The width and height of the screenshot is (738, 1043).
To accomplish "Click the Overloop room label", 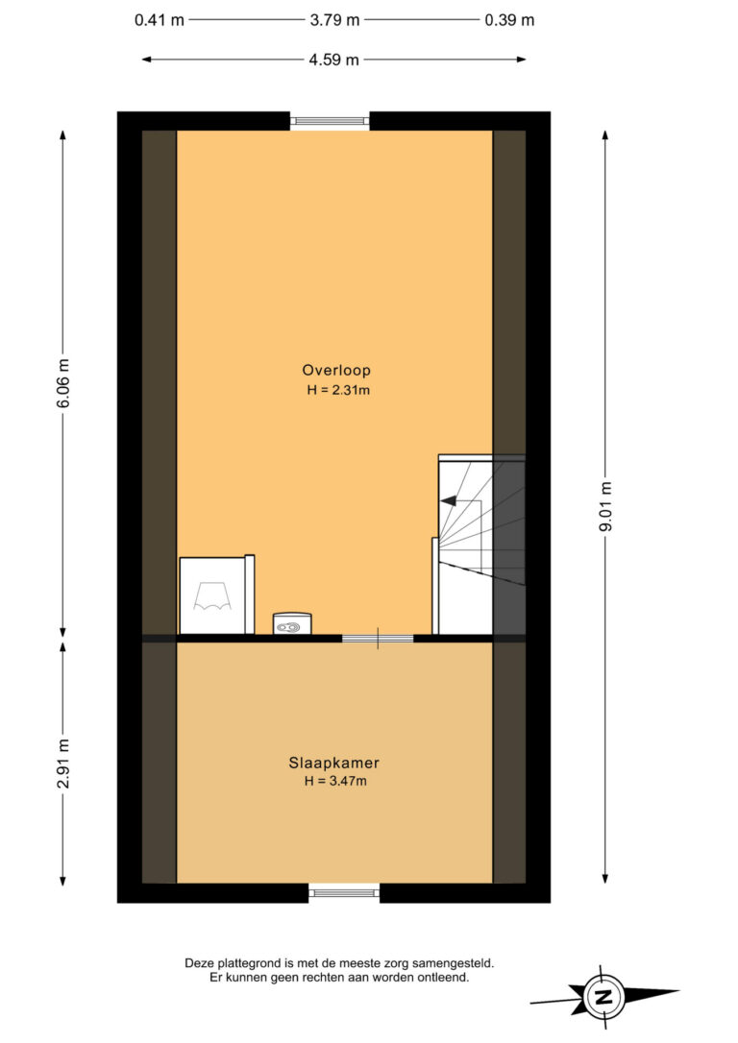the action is click(x=336, y=371).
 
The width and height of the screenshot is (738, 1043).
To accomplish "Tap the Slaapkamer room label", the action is click(x=334, y=763).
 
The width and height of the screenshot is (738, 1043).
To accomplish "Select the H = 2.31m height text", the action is click(x=338, y=391).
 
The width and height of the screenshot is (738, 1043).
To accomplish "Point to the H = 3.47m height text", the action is click(x=335, y=782).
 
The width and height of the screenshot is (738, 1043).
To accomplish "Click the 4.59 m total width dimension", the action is click(x=334, y=60).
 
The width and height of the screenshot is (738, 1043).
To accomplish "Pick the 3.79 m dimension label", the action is click(x=334, y=20).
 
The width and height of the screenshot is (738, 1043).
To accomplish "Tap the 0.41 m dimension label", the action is click(x=160, y=20).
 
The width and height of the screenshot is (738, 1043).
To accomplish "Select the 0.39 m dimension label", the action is click(x=509, y=20).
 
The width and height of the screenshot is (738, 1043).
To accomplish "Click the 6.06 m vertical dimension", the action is click(x=63, y=384).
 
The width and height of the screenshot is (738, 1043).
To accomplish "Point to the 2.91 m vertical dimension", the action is click(x=63, y=764).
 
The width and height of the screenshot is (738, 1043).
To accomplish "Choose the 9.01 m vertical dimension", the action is click(x=605, y=507).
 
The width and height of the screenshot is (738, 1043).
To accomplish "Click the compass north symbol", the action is click(x=603, y=997).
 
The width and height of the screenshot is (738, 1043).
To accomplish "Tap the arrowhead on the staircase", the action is click(x=448, y=501).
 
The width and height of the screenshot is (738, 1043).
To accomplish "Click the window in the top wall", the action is click(x=330, y=121).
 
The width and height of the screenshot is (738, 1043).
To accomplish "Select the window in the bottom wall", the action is click(x=344, y=892).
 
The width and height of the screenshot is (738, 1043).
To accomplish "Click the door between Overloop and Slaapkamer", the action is click(x=378, y=639).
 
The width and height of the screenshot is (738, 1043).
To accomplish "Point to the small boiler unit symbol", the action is click(x=292, y=624).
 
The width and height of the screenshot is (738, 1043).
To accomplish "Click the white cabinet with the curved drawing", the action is click(x=217, y=594).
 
